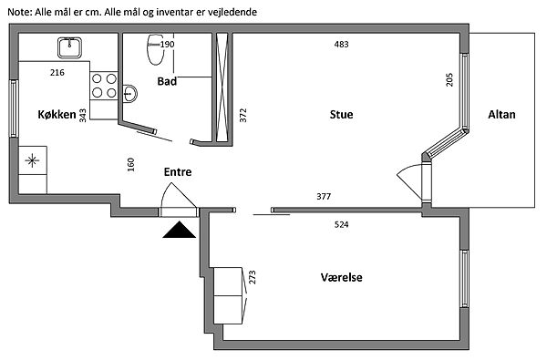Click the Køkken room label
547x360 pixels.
point(57,115)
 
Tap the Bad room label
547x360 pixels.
point(167,81)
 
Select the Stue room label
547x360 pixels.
point(341,115)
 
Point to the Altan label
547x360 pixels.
point(501,115)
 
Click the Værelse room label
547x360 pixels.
point(341,277)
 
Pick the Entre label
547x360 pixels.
point(178,171)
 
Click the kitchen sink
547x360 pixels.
point(70,47)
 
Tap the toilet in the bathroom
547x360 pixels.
point(155,49)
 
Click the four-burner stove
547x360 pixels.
point(104,86)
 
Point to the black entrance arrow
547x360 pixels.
point(179,230)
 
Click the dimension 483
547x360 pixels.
point(341,45)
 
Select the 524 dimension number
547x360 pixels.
point(341,224)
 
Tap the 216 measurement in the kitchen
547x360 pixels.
point(57,72)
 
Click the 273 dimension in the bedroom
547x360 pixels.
point(253,277)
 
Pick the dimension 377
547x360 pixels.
point(324,196)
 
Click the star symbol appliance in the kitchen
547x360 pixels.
point(33,160)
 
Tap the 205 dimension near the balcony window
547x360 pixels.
point(449,79)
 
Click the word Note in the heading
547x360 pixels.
point(20,12)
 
